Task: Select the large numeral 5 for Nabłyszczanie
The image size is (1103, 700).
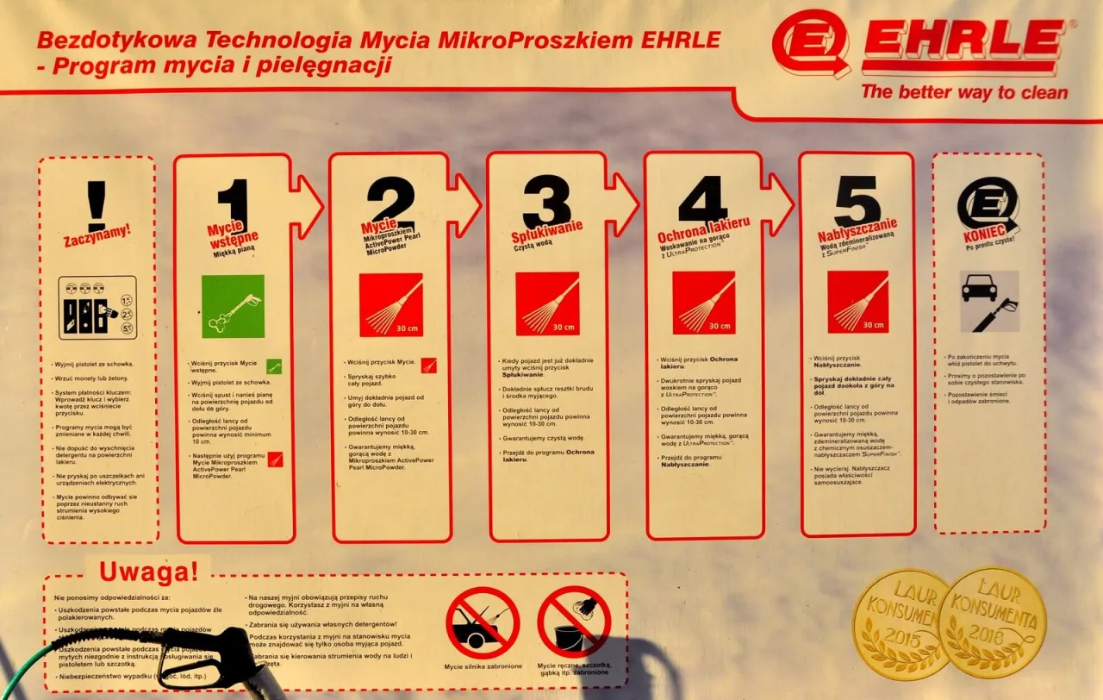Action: coord(857,201)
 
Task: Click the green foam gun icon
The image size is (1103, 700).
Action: coord(233,307)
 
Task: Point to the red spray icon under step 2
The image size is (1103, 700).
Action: coord(391,304)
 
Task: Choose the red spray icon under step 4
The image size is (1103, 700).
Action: coord(704,303)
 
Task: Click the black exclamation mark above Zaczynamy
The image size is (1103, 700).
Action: coord(97,205)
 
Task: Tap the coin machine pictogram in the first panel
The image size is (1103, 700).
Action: coord(97,308)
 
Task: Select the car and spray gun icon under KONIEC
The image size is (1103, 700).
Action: coord(989,301)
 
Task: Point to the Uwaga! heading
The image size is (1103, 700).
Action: coord(148,571)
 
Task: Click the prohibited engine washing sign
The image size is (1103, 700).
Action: coord(483,622)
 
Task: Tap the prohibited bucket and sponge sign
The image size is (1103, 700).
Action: coord(574,622)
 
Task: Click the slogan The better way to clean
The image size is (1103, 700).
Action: coord(963,92)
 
